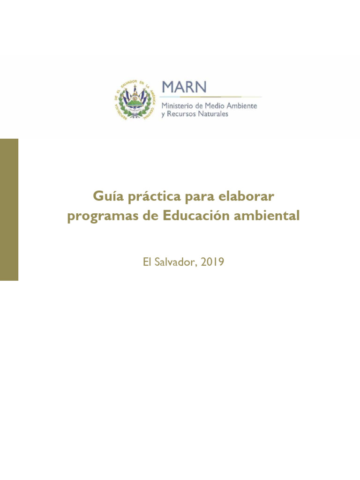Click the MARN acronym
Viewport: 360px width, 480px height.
[x=184, y=87]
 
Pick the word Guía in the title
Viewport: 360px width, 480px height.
[x=105, y=196]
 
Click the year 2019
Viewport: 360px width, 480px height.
[x=212, y=262]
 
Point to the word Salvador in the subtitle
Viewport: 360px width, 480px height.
[x=176, y=262]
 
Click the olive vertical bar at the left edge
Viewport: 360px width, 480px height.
[x=9, y=210]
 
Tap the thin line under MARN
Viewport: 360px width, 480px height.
[x=211, y=97]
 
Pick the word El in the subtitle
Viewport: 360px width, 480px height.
[x=148, y=262]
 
